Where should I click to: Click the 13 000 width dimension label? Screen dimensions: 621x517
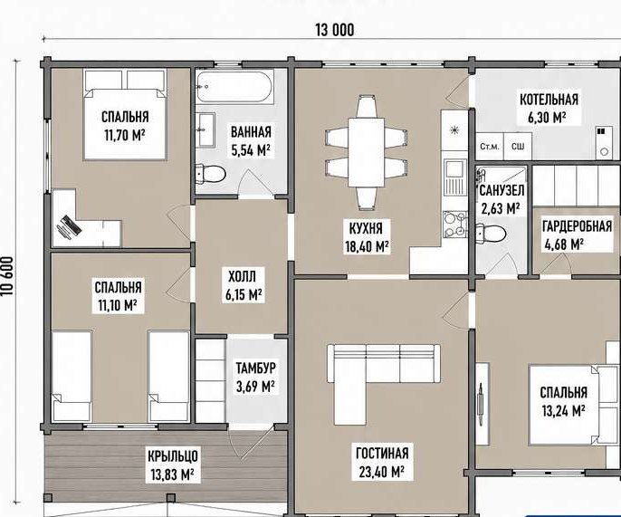coord(335,30)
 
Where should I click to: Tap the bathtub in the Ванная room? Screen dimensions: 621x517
coord(234,86)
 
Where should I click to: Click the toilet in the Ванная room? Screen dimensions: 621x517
coord(211,173)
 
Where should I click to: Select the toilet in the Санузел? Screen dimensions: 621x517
coord(491,233)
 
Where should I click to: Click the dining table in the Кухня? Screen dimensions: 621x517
coord(367,152)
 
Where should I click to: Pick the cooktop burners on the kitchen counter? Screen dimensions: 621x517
coord(454,225)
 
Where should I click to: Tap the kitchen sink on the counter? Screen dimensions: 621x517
coord(454,177)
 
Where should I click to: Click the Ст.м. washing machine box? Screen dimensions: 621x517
coord(490,147)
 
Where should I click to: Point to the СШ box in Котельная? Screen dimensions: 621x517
coord(518,147)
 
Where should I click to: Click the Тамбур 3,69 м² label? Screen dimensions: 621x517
coord(256,378)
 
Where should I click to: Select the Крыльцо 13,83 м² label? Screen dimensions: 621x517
coord(173,465)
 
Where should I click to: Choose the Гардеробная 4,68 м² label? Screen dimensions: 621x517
coord(577,235)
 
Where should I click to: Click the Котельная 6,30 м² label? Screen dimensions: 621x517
coord(549,108)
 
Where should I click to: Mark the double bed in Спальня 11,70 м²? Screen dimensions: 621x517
coord(125,115)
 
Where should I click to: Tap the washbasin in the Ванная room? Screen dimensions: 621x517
coord(205,129)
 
